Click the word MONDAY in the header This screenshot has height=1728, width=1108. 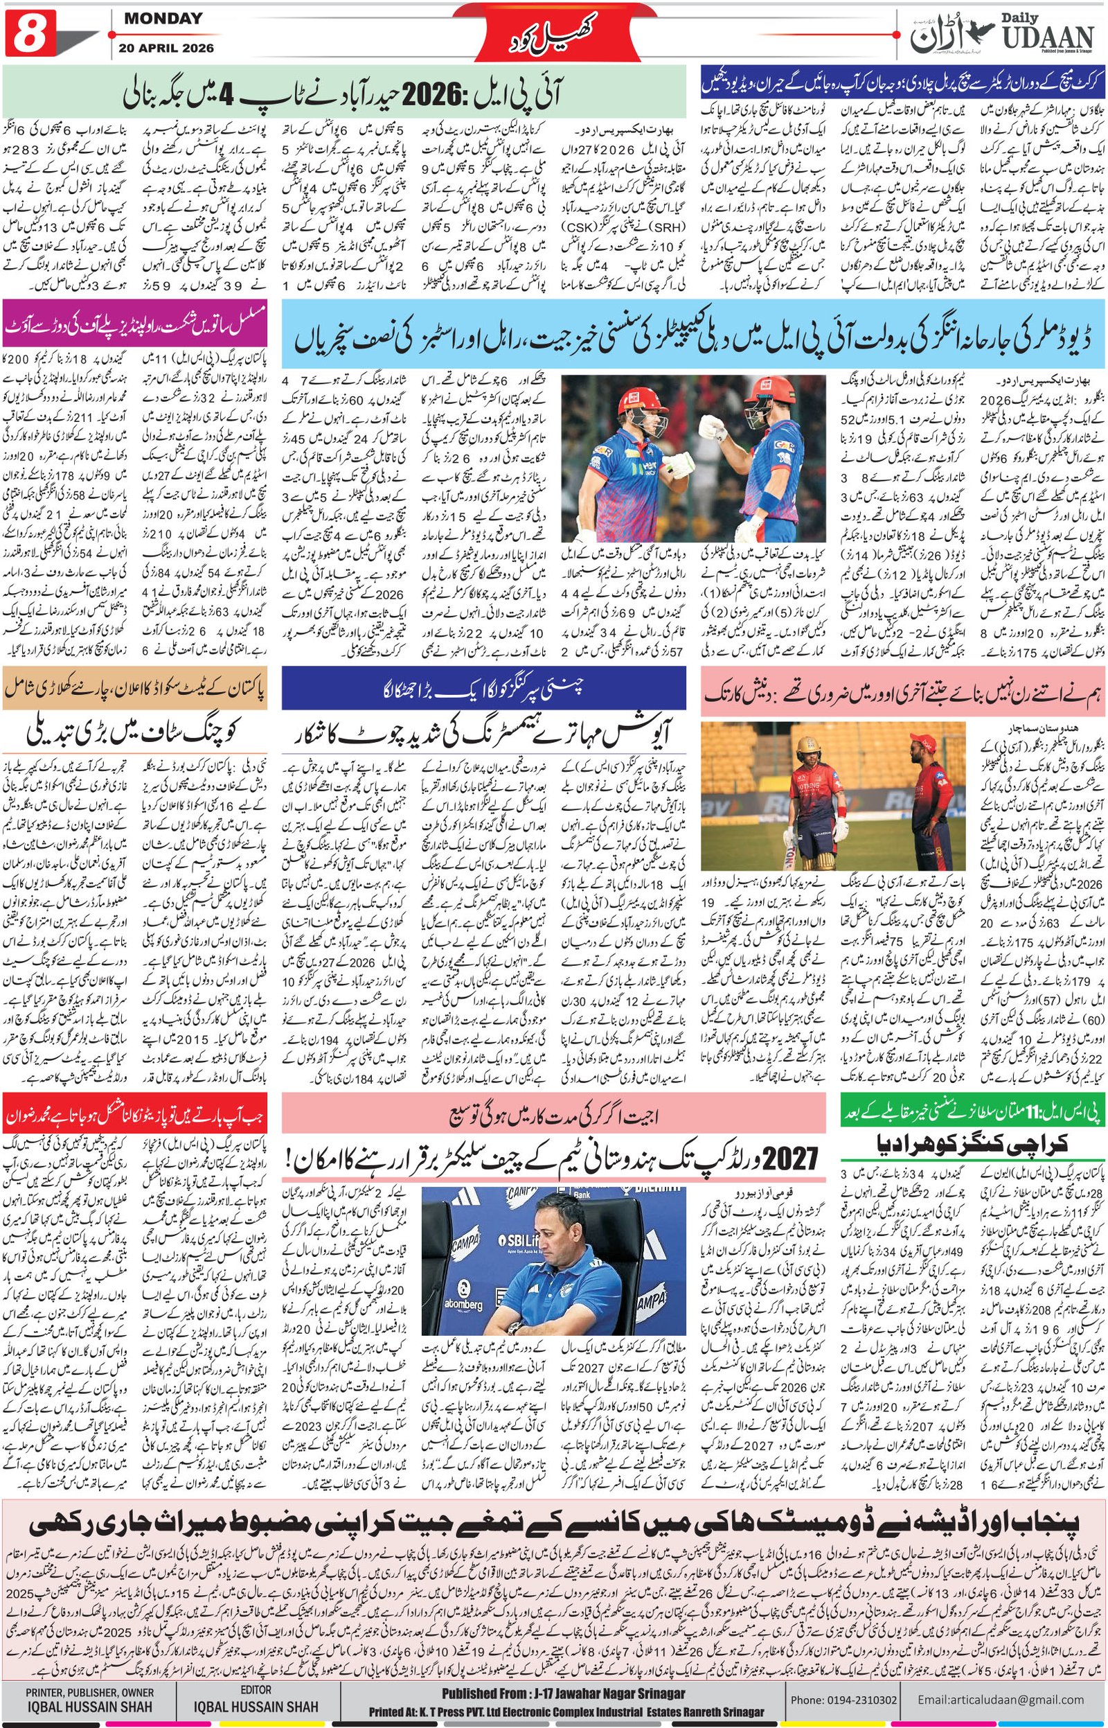(163, 19)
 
